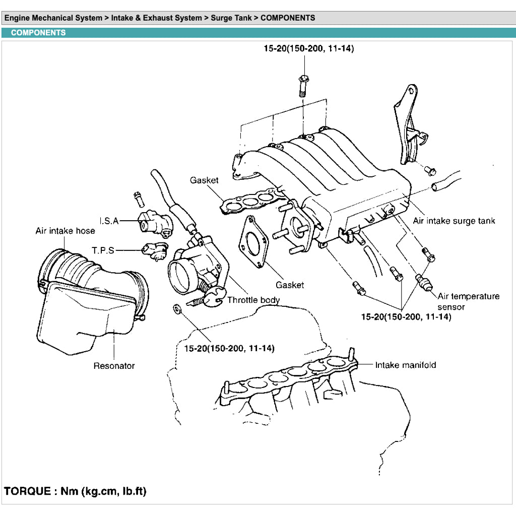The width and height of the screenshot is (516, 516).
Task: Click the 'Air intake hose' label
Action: tap(65, 231)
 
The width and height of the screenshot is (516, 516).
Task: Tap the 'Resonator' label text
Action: tap(114, 366)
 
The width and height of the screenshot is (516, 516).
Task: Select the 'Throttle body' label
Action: tap(253, 300)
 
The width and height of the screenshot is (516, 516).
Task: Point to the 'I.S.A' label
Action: tap(109, 221)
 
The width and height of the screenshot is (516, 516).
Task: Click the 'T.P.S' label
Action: tap(103, 250)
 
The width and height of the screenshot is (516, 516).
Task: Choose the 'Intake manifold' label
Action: tap(406, 365)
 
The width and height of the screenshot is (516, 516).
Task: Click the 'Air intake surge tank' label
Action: tap(454, 221)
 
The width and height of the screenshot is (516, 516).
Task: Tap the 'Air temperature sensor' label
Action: tap(468, 301)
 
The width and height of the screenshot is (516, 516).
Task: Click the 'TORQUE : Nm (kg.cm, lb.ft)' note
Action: tap(76, 491)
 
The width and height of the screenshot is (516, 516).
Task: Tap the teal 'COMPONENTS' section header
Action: tap(38, 33)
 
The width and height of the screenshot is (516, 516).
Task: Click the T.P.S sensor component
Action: tap(155, 249)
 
